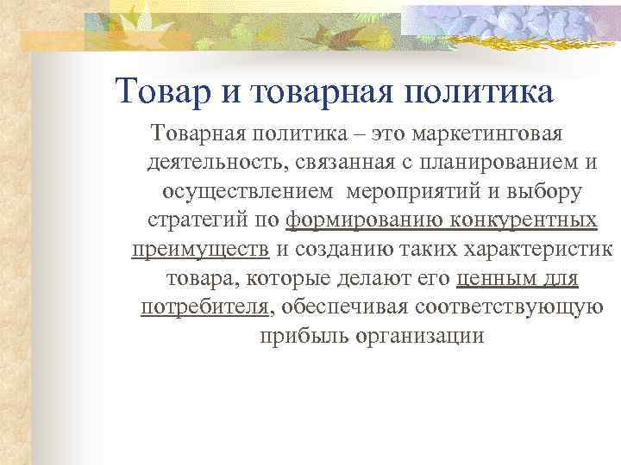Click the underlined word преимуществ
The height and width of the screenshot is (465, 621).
(x=200, y=249)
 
